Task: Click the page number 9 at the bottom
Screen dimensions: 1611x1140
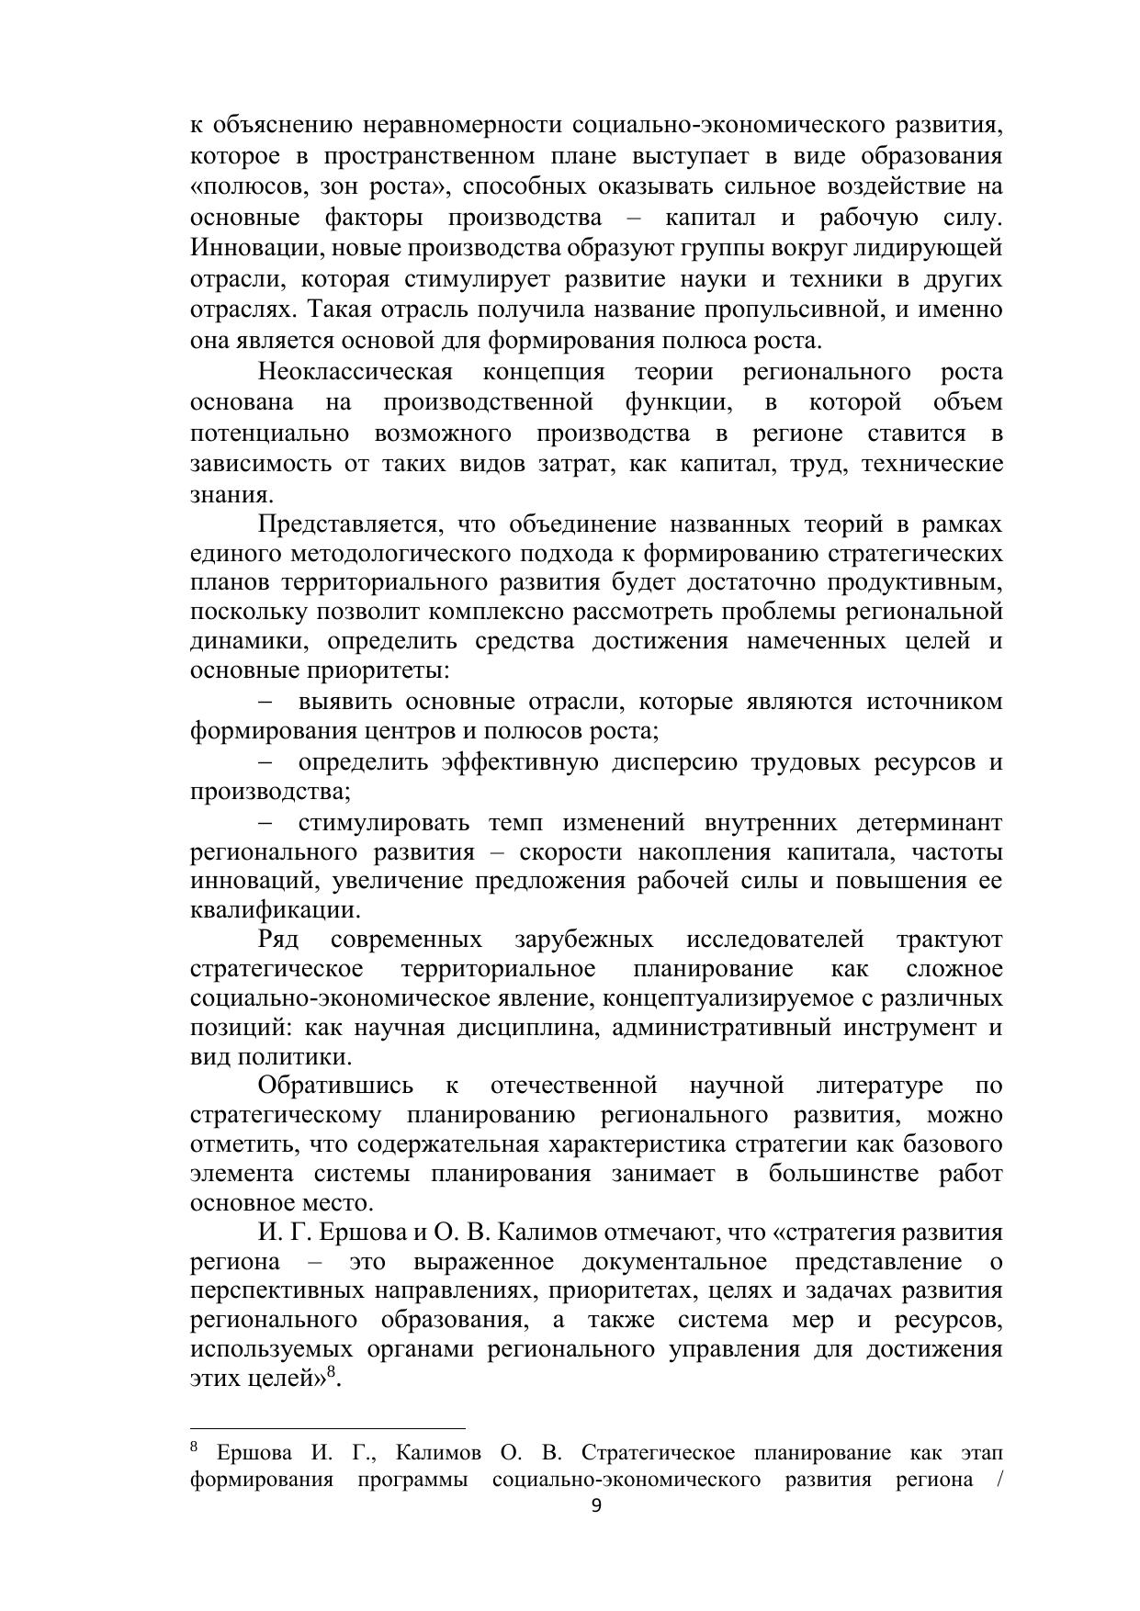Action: (596, 1505)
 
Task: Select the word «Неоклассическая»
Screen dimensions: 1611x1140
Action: (356, 372)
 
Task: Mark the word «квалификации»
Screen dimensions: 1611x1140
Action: (273, 910)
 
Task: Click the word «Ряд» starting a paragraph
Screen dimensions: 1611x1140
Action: (277, 940)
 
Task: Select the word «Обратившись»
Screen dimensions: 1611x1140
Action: (335, 1086)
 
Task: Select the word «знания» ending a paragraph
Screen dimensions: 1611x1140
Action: (230, 495)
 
